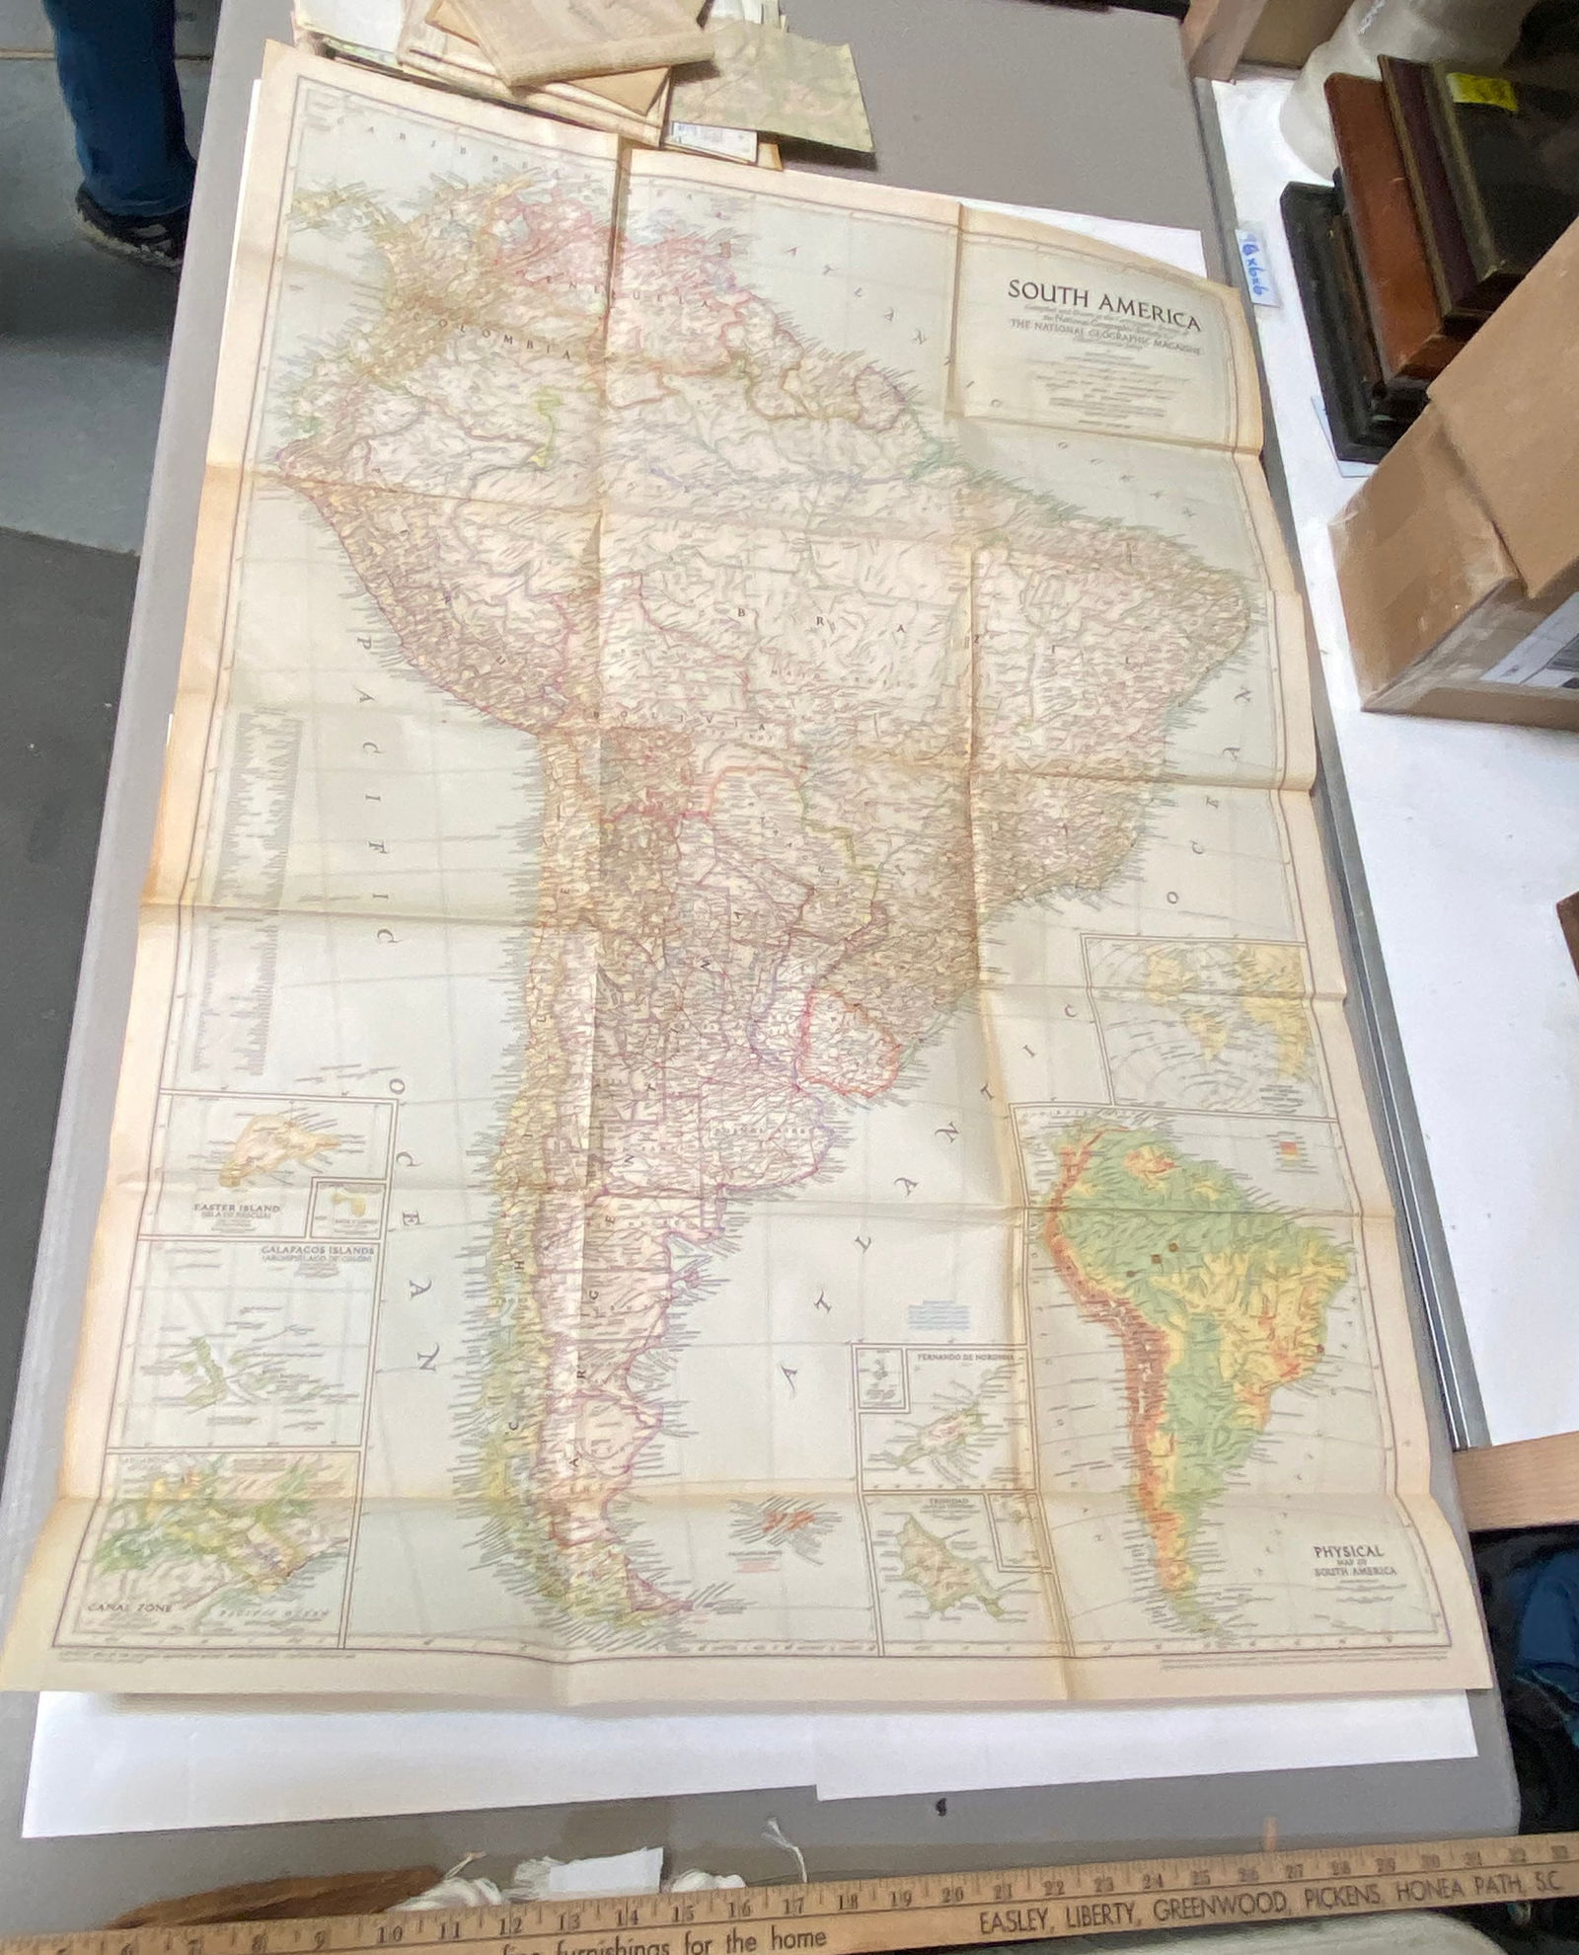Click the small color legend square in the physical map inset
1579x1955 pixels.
click(x=1290, y=1147)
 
